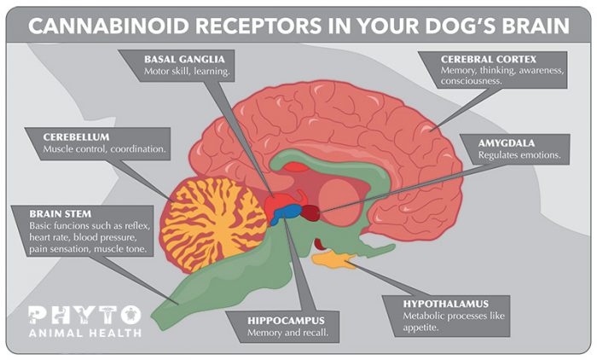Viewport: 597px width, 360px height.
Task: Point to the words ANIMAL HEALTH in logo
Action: [84, 333]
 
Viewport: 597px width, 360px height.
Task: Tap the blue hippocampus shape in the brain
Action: [287, 213]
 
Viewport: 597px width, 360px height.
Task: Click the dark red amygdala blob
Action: [314, 211]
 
